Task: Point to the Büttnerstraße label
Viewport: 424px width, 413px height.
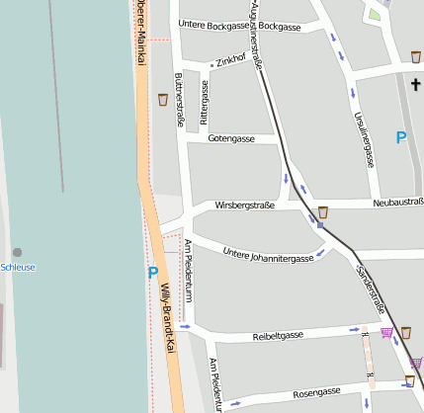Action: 179,99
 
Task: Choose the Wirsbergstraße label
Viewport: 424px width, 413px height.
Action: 244,206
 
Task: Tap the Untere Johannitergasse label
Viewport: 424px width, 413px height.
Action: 268,253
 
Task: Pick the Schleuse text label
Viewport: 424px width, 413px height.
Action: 18,268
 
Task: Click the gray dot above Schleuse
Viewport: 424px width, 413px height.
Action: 17,252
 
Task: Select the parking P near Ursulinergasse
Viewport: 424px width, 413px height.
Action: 400,138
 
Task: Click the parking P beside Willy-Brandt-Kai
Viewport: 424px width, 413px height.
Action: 152,272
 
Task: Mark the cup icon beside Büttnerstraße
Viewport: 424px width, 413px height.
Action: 161,99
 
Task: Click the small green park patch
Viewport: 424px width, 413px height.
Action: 373,15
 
